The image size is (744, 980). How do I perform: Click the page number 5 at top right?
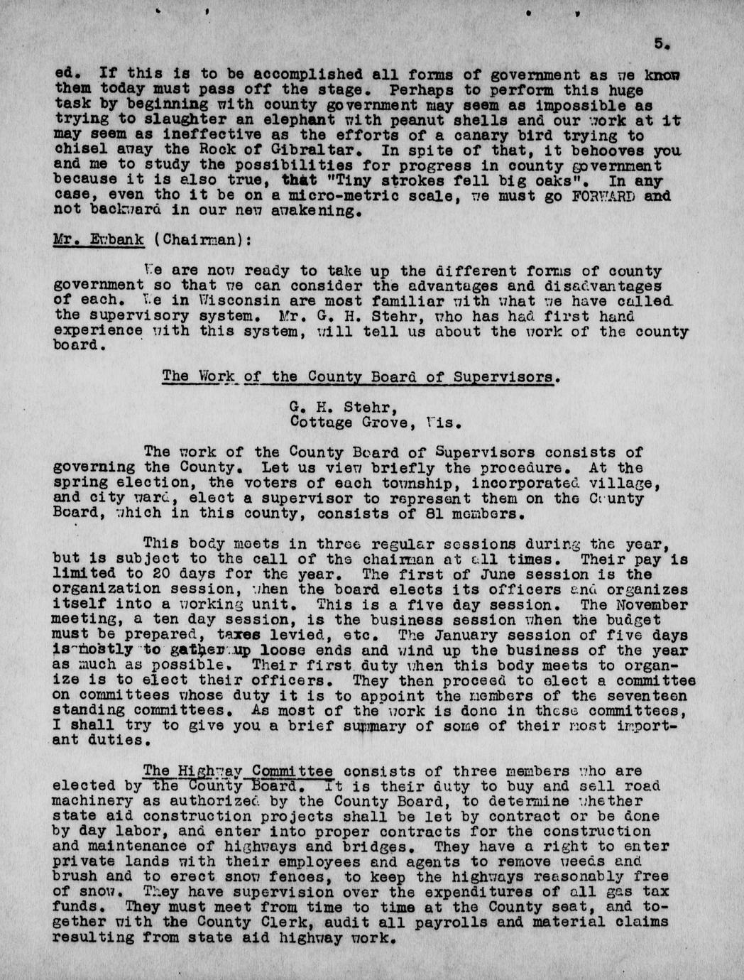coord(660,43)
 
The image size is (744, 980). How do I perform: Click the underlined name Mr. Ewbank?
coord(99,239)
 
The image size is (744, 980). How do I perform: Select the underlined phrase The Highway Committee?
coord(239,771)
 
